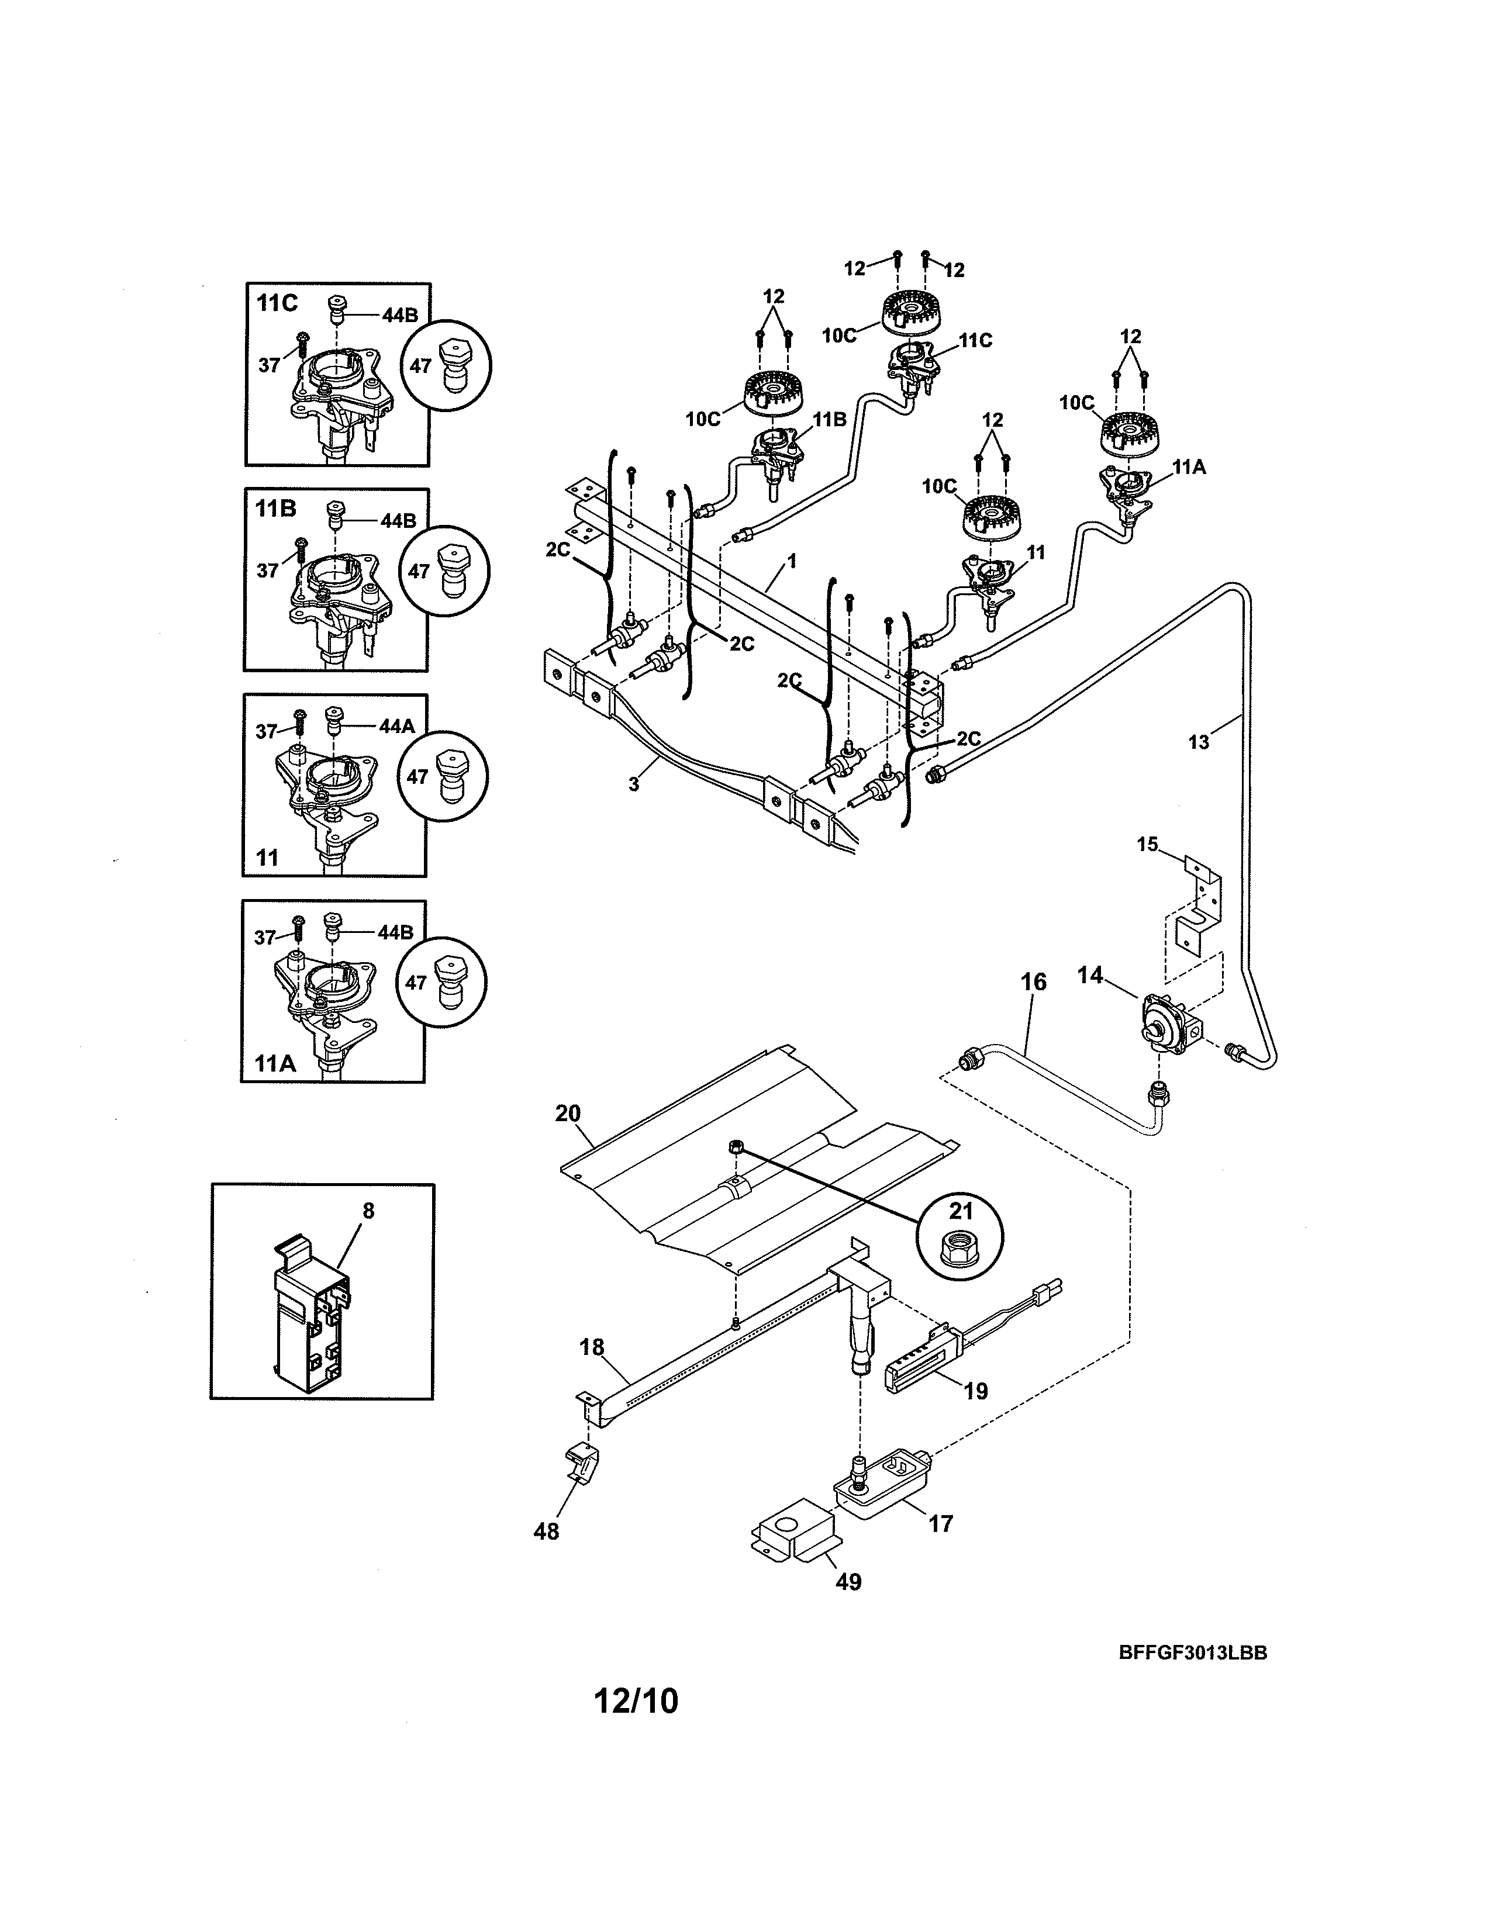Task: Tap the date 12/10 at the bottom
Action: (636, 1700)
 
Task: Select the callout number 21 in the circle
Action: (960, 1208)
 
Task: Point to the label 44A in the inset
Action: (396, 726)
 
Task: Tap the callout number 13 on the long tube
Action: (1199, 742)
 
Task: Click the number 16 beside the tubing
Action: (1033, 982)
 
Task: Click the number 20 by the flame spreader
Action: (568, 1113)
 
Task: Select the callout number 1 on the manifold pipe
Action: (792, 561)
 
